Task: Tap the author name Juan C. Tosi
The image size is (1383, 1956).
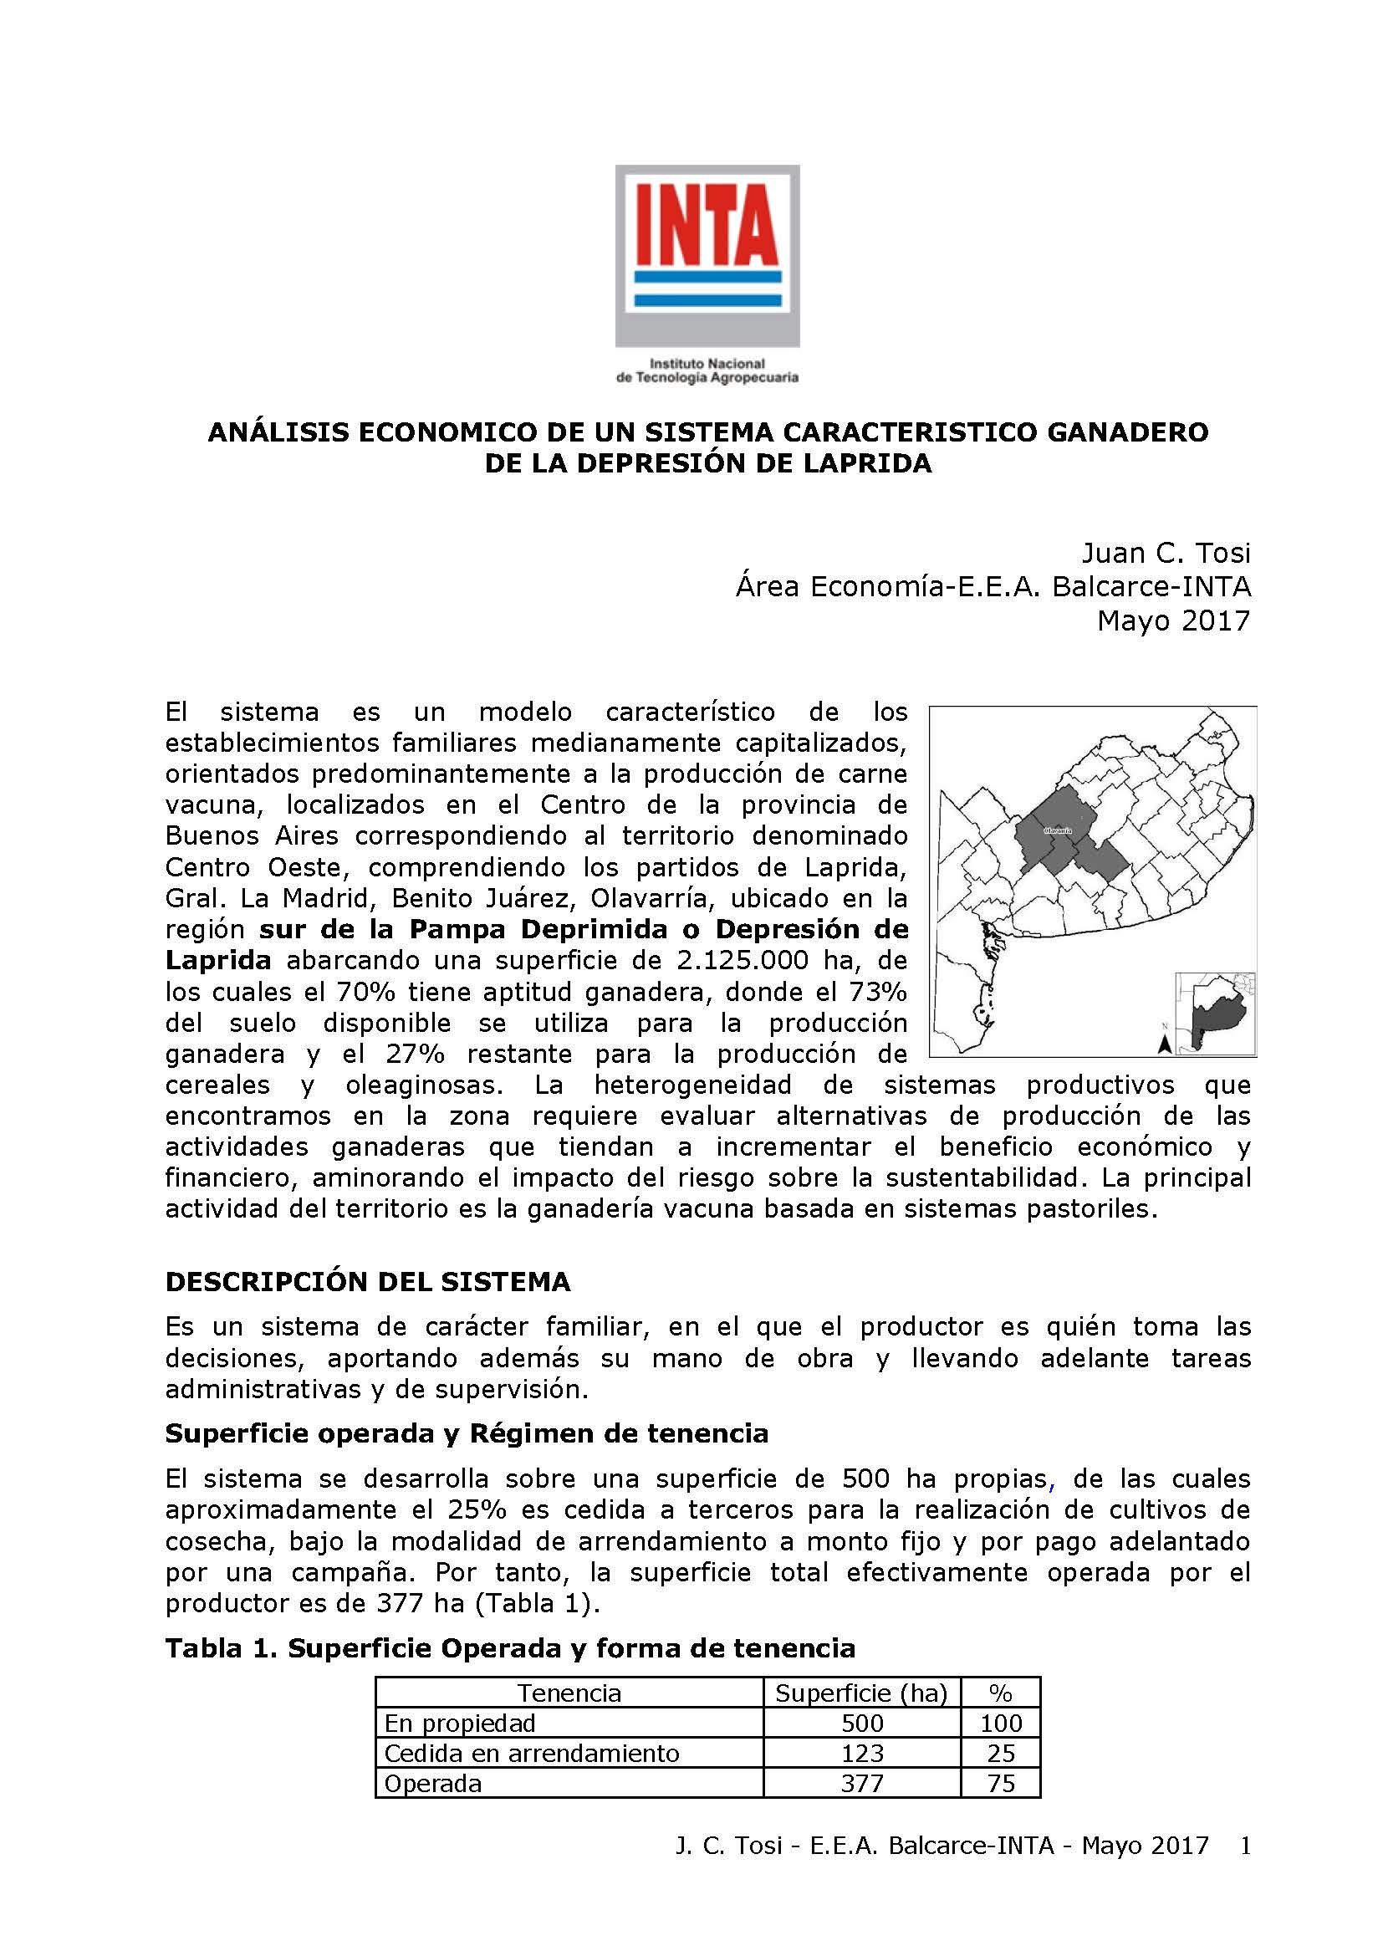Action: (1165, 554)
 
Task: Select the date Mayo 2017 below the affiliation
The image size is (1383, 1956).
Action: (1172, 621)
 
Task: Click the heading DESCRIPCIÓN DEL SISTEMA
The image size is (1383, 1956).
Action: (367, 1281)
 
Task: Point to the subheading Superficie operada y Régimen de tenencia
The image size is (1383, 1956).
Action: (467, 1434)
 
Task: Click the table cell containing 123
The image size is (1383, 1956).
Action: (861, 1754)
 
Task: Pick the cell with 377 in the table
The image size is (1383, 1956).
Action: (861, 1783)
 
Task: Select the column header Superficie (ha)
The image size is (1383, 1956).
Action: (861, 1693)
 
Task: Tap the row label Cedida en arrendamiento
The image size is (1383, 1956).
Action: (532, 1754)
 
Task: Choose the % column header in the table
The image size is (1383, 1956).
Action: (1000, 1693)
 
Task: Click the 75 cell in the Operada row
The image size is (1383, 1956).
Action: (1000, 1783)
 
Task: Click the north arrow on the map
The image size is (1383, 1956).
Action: (1164, 1043)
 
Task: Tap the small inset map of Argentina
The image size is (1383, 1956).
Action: (1215, 1013)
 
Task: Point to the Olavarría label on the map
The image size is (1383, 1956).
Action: (1057, 830)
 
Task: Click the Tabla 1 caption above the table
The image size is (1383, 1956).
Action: (509, 1648)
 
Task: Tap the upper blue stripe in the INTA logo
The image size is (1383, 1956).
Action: (707, 278)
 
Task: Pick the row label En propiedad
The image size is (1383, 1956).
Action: (460, 1724)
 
